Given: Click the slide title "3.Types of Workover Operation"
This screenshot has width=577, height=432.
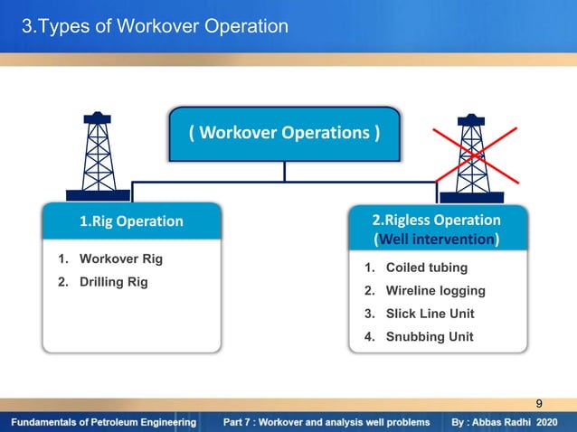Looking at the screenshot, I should [156, 26].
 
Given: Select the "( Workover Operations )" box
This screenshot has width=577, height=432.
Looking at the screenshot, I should [285, 134].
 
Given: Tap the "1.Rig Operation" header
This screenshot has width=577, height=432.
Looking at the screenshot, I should [131, 221].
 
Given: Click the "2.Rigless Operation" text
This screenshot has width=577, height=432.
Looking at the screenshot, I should [437, 220].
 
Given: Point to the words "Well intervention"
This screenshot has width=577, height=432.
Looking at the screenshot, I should [436, 240].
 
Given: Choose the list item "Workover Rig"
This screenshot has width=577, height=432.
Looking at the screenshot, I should [121, 259].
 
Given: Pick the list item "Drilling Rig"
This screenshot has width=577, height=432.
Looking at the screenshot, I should [114, 282].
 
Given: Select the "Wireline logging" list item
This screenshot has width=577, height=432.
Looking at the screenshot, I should [436, 291].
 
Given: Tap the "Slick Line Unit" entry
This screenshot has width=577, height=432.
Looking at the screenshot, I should [430, 314].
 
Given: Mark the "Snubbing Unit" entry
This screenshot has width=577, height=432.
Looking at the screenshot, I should [430, 337].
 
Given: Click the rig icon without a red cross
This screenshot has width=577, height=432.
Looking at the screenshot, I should [97, 155].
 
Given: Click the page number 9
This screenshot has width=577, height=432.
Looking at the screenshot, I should [540, 403].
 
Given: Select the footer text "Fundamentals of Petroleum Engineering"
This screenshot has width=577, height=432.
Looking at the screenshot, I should [104, 422].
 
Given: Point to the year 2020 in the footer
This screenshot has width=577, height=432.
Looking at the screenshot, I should [547, 422].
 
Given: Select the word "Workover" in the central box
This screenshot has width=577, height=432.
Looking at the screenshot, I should [240, 134].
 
